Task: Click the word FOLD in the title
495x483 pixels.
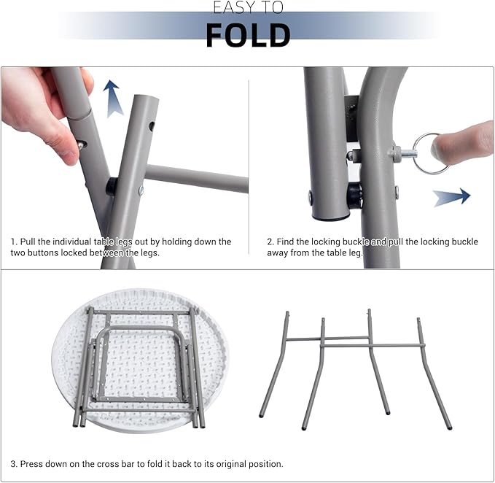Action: coord(248,35)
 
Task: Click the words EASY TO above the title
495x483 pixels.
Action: coord(248,7)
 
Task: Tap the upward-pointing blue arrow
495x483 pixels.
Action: coord(112,99)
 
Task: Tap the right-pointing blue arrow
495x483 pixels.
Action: coord(451,198)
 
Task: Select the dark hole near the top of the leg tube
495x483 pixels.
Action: coord(152,125)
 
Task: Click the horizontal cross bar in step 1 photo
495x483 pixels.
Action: coord(196,178)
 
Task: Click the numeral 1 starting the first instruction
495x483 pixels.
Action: coord(13,241)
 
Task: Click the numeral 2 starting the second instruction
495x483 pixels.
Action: coord(270,241)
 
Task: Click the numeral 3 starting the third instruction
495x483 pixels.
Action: coord(13,464)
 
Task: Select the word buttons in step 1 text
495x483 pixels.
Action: coord(44,252)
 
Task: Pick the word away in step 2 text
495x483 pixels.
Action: coord(278,253)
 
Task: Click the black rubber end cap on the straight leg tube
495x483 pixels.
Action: coord(330,217)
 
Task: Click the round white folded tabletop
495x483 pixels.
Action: coord(140,360)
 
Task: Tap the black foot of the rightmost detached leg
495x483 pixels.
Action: coord(450,428)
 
